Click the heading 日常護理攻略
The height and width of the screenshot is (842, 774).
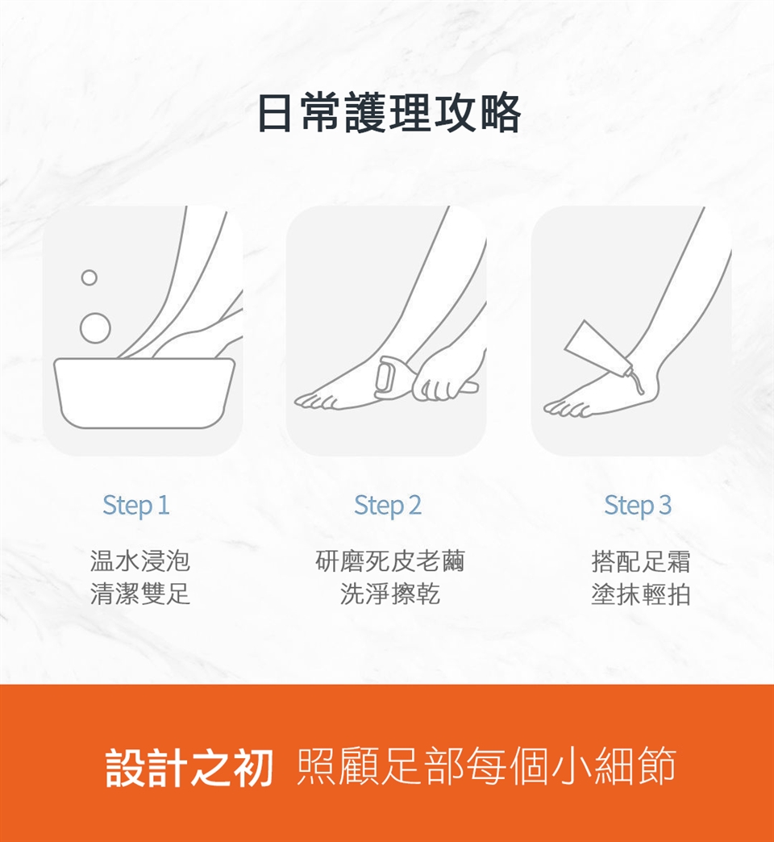(389, 113)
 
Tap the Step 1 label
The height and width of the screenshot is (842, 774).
(135, 506)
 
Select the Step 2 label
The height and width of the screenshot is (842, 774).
(388, 506)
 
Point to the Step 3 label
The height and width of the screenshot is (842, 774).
(638, 506)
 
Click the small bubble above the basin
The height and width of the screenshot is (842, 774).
(89, 277)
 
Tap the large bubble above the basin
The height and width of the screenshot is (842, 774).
(96, 327)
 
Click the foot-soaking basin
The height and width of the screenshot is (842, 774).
(144, 392)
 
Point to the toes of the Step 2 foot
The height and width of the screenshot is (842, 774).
(317, 399)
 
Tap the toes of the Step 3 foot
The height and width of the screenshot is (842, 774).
(567, 408)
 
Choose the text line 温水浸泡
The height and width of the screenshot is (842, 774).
(140, 561)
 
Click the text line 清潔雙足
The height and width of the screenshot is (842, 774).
(140, 594)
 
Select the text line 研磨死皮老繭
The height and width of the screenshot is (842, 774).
(389, 561)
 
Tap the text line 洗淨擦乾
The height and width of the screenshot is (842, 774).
(389, 594)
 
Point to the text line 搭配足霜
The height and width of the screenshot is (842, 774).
(641, 561)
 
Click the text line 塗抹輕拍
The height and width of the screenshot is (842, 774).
(641, 594)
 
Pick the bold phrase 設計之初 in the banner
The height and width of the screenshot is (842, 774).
(189, 767)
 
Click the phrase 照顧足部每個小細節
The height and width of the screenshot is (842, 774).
(485, 766)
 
